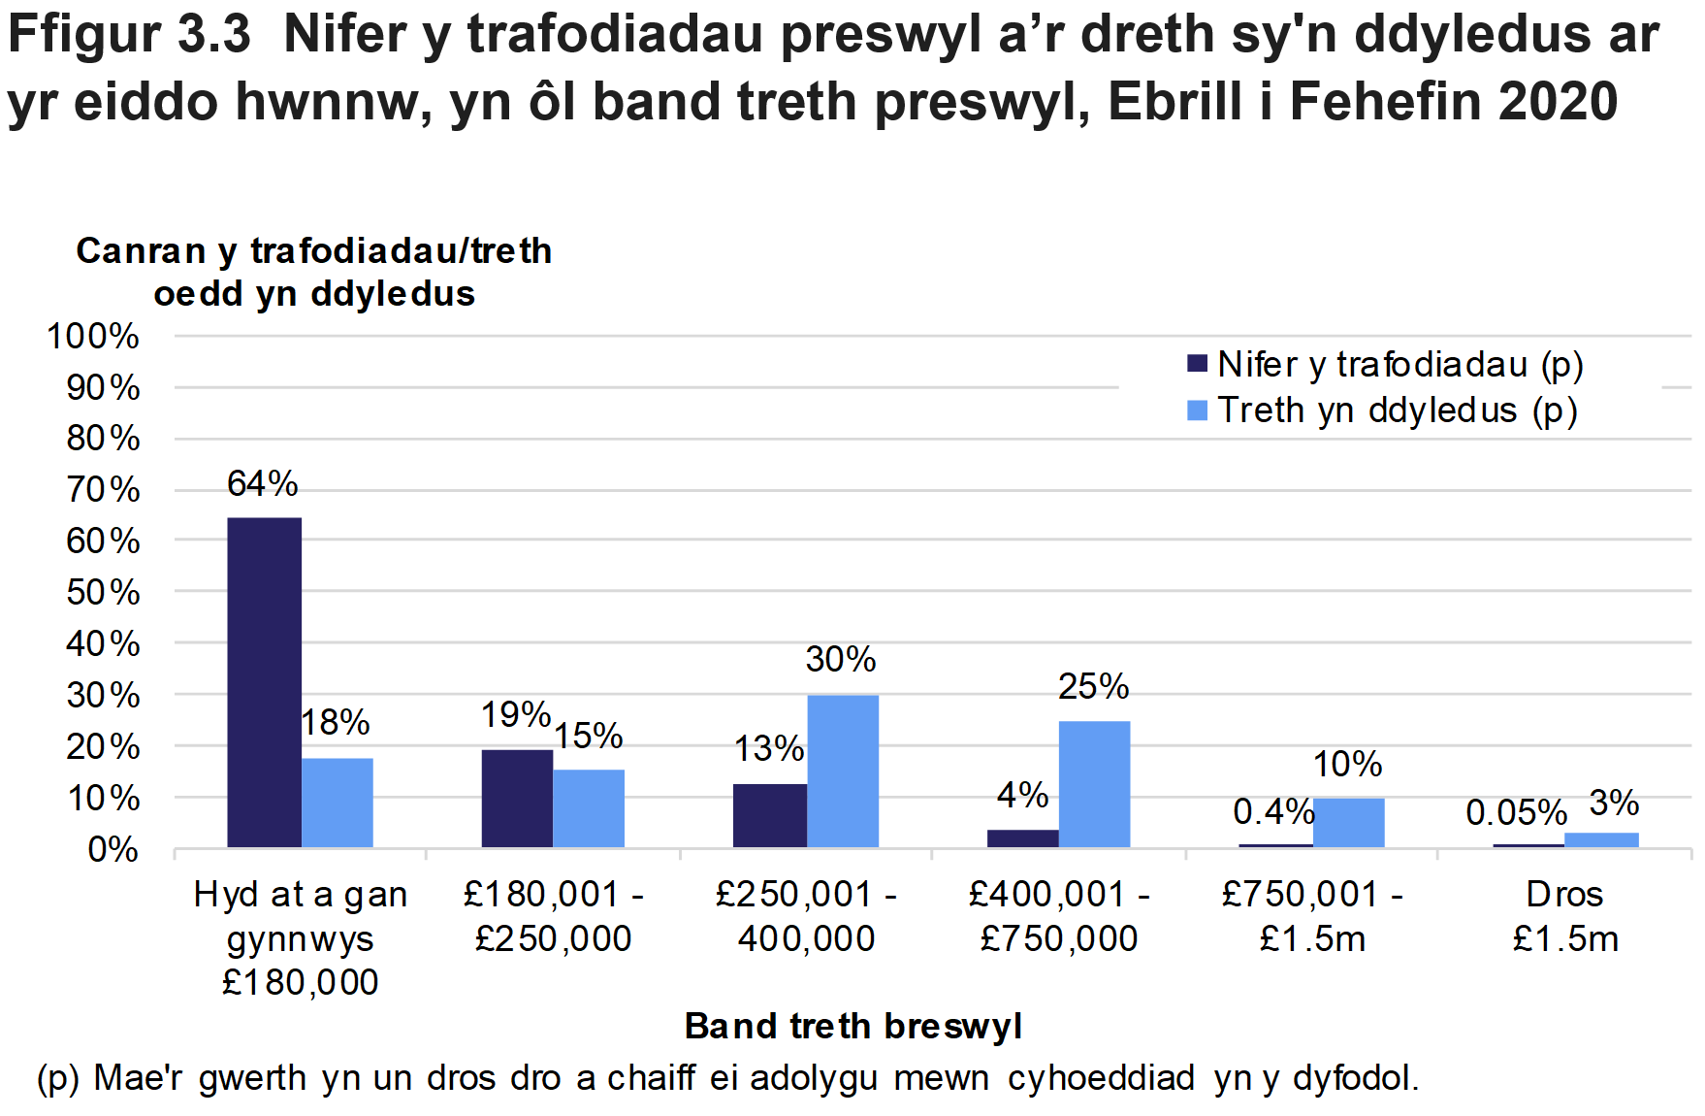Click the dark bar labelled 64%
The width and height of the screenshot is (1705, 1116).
click(x=264, y=682)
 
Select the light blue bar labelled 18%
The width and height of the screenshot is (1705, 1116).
click(x=337, y=803)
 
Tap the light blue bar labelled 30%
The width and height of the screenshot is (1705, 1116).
click(x=842, y=771)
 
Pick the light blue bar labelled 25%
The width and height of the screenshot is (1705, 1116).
click(x=1094, y=784)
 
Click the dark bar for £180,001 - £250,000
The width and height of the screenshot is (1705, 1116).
click(x=517, y=799)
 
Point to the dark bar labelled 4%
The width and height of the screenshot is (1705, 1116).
click(x=1022, y=838)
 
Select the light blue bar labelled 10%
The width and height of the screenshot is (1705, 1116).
click(x=1348, y=823)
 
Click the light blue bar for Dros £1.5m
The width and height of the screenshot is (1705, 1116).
click(x=1600, y=840)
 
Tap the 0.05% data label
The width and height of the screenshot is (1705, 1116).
click(x=1516, y=813)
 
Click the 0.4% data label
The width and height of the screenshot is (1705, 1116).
click(x=1272, y=812)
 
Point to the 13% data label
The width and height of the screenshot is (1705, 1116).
click(x=768, y=749)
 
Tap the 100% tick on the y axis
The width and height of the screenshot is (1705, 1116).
click(x=93, y=337)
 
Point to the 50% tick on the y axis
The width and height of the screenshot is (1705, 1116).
click(x=102, y=592)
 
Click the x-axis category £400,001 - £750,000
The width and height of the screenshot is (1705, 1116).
click(x=1059, y=916)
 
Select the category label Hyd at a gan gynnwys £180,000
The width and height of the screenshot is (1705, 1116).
click(x=301, y=937)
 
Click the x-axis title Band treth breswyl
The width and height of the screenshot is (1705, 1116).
click(x=852, y=1026)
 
